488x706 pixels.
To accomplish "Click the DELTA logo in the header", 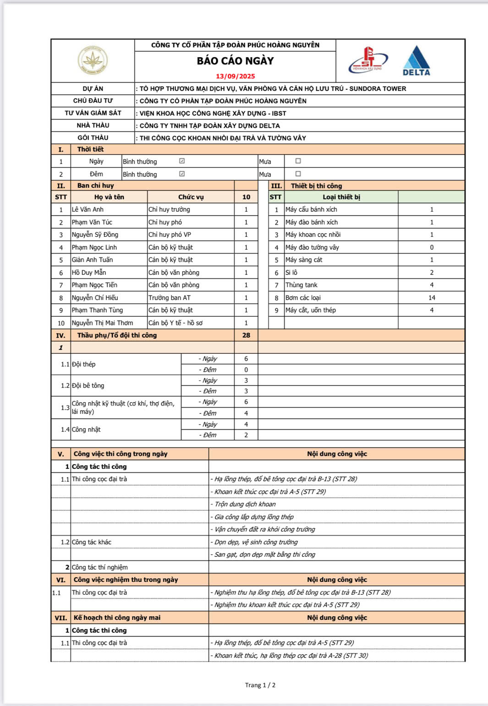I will [x=416, y=61].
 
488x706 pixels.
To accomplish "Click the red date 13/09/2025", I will [x=236, y=77].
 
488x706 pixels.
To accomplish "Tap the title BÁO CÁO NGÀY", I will [x=236, y=61].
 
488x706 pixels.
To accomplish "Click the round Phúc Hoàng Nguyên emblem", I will [x=93, y=60].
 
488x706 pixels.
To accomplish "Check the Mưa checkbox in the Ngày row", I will [x=298, y=161].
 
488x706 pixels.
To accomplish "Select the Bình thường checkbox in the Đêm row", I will [x=182, y=174].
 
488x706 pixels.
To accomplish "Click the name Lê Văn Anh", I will [x=88, y=209].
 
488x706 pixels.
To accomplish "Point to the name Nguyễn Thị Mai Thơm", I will [x=102, y=323].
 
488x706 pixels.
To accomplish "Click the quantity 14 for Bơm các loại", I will [x=432, y=298].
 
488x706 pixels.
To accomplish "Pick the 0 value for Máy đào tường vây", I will [x=432, y=247].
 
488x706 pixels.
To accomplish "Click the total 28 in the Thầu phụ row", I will [x=246, y=335].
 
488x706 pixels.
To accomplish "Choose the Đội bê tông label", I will [x=88, y=386].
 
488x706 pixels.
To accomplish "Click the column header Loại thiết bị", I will [x=341, y=197].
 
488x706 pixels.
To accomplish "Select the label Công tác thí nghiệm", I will [x=99, y=567].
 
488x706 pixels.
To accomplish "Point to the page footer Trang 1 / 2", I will [x=260, y=685].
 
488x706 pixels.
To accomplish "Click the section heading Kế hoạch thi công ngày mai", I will [x=117, y=618].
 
